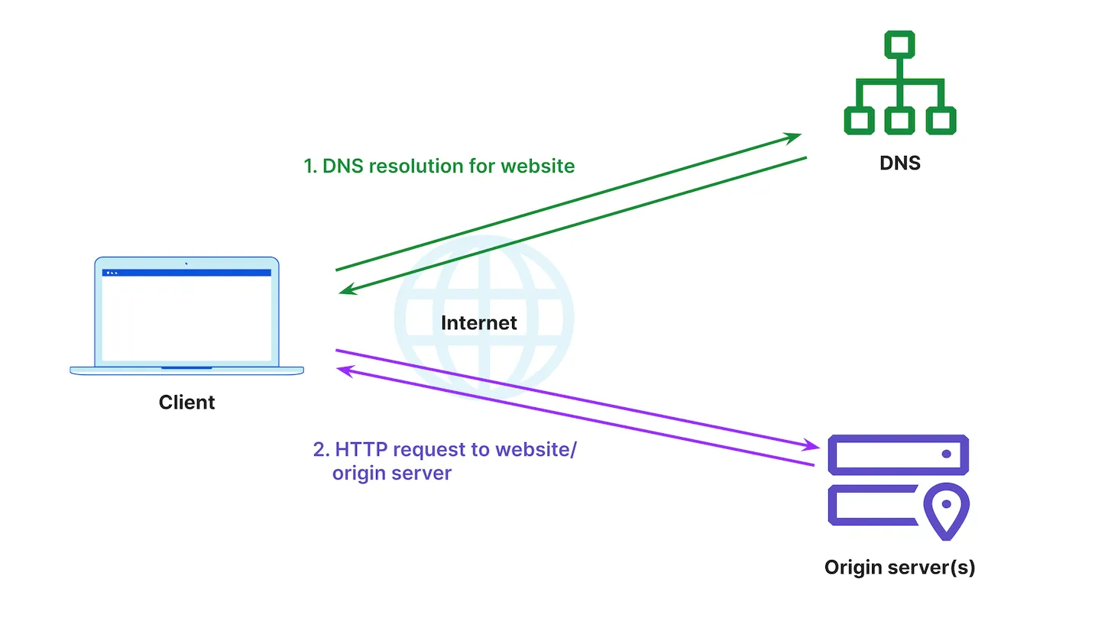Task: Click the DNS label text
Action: (x=899, y=163)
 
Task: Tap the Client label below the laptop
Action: (x=186, y=402)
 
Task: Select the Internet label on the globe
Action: (x=478, y=322)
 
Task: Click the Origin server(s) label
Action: (x=899, y=568)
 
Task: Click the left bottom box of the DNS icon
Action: (x=859, y=120)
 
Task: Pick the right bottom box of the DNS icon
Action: (x=940, y=120)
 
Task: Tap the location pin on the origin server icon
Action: (x=946, y=509)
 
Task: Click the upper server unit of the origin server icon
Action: (x=899, y=454)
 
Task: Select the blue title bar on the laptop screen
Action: (x=186, y=273)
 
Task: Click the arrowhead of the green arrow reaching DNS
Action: (x=795, y=137)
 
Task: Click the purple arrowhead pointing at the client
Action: (x=345, y=370)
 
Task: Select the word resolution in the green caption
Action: (x=405, y=166)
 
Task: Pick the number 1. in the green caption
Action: (x=310, y=166)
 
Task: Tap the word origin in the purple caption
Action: (x=358, y=473)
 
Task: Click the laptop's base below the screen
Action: (x=186, y=370)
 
